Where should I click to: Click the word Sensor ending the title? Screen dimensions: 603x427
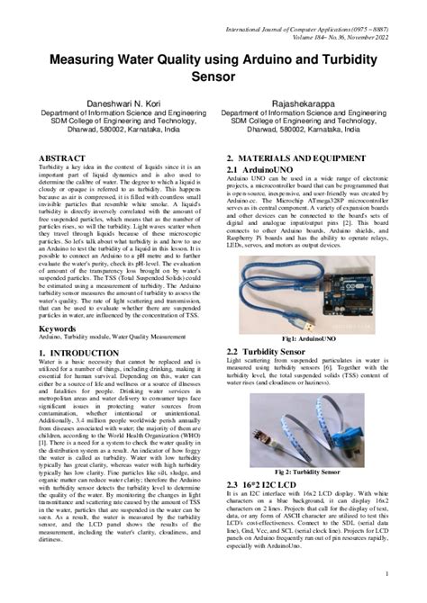(x=213, y=76)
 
